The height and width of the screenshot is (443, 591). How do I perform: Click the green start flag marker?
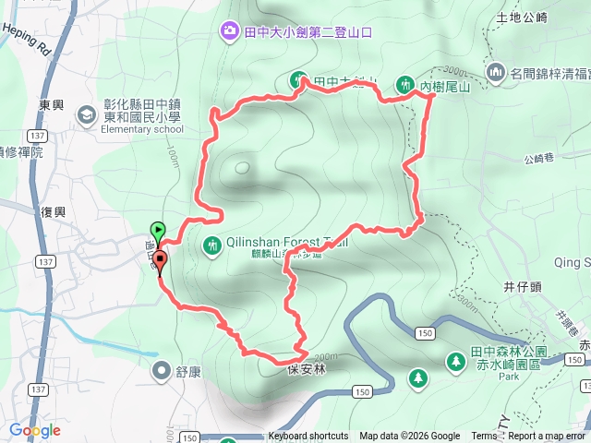click(158, 231)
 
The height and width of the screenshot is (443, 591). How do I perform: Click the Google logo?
click(34, 430)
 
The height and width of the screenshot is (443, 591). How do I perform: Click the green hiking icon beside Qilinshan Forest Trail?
click(211, 245)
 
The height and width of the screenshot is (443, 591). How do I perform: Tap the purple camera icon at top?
click(228, 31)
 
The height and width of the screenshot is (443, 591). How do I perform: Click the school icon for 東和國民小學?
click(87, 114)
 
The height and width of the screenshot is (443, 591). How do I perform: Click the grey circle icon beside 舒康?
click(163, 371)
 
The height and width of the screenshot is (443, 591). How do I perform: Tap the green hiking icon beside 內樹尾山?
click(404, 84)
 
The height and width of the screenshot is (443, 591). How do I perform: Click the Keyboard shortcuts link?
click(308, 437)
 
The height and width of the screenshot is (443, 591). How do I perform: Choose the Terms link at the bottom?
click(484, 437)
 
